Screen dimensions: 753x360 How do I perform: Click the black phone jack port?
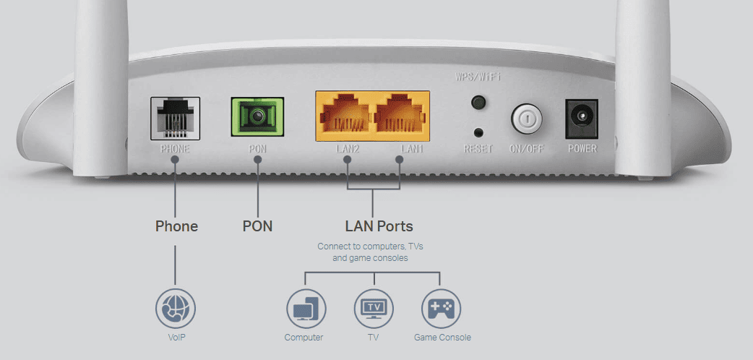pyautogui.click(x=175, y=119)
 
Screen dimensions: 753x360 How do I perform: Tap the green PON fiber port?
pyautogui.click(x=257, y=117)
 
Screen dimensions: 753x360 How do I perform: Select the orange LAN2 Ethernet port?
pyautogui.click(x=344, y=116)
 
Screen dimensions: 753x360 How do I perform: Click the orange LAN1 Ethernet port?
pyautogui.click(x=400, y=116)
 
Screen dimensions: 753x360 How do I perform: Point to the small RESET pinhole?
pyautogui.click(x=478, y=133)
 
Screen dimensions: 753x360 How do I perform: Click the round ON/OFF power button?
pyautogui.click(x=526, y=119)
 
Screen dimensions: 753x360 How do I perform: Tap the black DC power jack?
pyautogui.click(x=582, y=119)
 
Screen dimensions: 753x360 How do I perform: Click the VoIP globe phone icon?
pyautogui.click(x=176, y=309)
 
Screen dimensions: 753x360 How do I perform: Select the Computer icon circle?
pyautogui.click(x=306, y=309)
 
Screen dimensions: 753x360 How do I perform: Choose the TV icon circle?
pyautogui.click(x=374, y=309)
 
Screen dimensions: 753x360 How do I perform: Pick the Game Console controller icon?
pyautogui.click(x=441, y=309)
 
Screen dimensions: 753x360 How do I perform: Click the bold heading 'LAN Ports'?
pyautogui.click(x=379, y=226)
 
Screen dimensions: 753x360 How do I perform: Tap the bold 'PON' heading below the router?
pyautogui.click(x=257, y=226)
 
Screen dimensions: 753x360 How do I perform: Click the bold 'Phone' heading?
pyautogui.click(x=176, y=226)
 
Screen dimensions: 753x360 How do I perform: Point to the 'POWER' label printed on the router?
pyautogui.click(x=582, y=148)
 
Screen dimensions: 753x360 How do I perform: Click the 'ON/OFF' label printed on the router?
pyautogui.click(x=526, y=149)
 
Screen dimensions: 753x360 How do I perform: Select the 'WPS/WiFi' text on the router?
pyautogui.click(x=478, y=77)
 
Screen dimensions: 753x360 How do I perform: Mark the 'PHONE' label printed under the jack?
pyautogui.click(x=175, y=148)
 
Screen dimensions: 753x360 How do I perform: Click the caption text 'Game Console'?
pyautogui.click(x=442, y=338)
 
